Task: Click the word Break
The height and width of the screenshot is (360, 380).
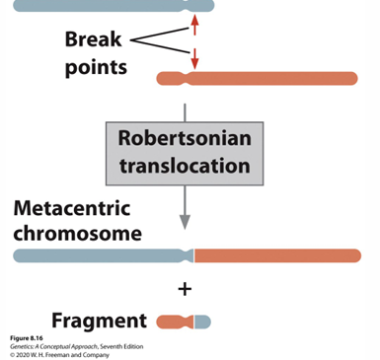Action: (x=95, y=40)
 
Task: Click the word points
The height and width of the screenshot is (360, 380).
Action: (x=96, y=68)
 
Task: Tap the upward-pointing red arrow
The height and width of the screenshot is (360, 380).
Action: (x=194, y=24)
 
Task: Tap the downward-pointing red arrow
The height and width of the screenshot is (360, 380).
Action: (x=194, y=58)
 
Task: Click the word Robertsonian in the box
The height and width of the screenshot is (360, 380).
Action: (x=185, y=138)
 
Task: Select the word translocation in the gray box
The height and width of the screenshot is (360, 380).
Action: (x=185, y=165)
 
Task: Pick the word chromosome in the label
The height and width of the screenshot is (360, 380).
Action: (x=78, y=235)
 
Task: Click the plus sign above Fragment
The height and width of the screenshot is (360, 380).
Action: (x=185, y=289)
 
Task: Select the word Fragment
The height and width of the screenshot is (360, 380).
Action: (x=99, y=321)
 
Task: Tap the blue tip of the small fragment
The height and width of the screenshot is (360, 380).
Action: (x=202, y=322)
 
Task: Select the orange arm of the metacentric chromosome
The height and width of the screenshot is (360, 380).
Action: (x=276, y=256)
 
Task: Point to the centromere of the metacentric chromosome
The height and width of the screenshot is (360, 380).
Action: (x=190, y=256)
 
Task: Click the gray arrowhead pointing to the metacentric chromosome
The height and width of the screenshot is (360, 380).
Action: (x=185, y=223)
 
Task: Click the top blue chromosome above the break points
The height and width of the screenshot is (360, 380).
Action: (x=99, y=5)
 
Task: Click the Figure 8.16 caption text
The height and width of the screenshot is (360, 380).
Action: (x=28, y=338)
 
